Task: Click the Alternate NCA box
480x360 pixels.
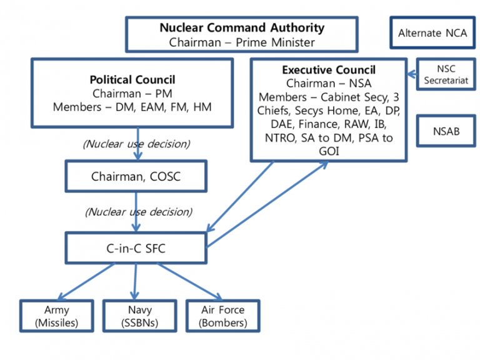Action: click(432, 34)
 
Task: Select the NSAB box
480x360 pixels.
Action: click(445, 131)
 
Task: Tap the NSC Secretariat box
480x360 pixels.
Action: click(446, 74)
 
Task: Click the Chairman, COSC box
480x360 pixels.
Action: click(136, 177)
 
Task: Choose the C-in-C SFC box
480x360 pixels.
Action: click(136, 248)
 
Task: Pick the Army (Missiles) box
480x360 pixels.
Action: click(57, 316)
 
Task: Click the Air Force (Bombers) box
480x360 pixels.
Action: click(223, 316)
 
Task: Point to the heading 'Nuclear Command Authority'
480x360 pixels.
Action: click(242, 27)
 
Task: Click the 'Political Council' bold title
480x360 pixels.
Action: click(132, 80)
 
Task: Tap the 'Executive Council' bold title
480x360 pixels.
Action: click(329, 69)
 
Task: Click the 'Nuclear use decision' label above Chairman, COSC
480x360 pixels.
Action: click(136, 144)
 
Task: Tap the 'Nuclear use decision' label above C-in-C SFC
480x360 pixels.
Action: click(139, 211)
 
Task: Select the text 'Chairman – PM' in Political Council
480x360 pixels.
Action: click(132, 94)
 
